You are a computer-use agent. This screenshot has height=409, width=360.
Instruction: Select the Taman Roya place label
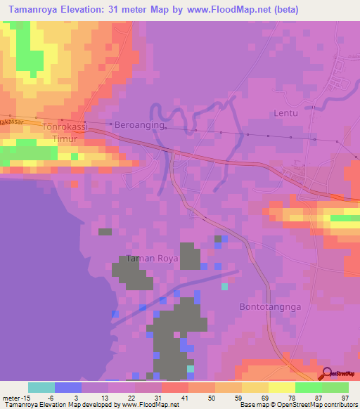click(153, 259)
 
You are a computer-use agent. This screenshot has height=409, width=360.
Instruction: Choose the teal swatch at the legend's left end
click(41, 387)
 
